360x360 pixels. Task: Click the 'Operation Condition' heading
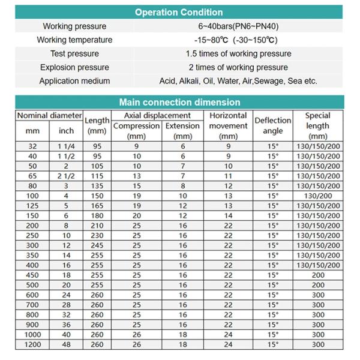click(179, 12)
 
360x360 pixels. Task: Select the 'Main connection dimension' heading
click(179, 102)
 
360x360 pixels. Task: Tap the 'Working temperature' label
click(74, 40)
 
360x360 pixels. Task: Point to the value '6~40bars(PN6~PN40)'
click(238, 26)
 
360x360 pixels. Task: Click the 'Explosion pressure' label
click(74, 67)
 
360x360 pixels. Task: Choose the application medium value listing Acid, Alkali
click(238, 81)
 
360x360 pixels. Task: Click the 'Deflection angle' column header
click(273, 125)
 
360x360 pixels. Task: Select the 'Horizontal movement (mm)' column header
click(228, 126)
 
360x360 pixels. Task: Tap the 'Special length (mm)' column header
click(317, 126)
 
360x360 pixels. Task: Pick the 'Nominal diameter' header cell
click(49, 115)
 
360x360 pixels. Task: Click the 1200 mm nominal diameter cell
click(32, 344)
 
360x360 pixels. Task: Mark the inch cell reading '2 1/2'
click(66, 176)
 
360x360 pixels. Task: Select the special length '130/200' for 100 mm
click(317, 196)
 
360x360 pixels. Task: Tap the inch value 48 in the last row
click(66, 344)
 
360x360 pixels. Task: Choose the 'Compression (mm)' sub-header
click(137, 131)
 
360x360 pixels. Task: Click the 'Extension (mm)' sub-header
click(182, 131)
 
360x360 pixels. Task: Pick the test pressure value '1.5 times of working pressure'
click(238, 53)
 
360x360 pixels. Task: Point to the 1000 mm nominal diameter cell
click(32, 334)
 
